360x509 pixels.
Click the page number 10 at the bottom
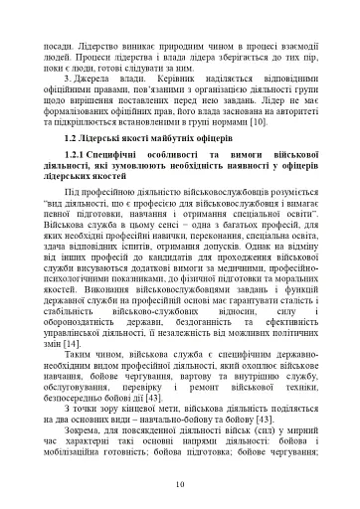pos(180,484)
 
